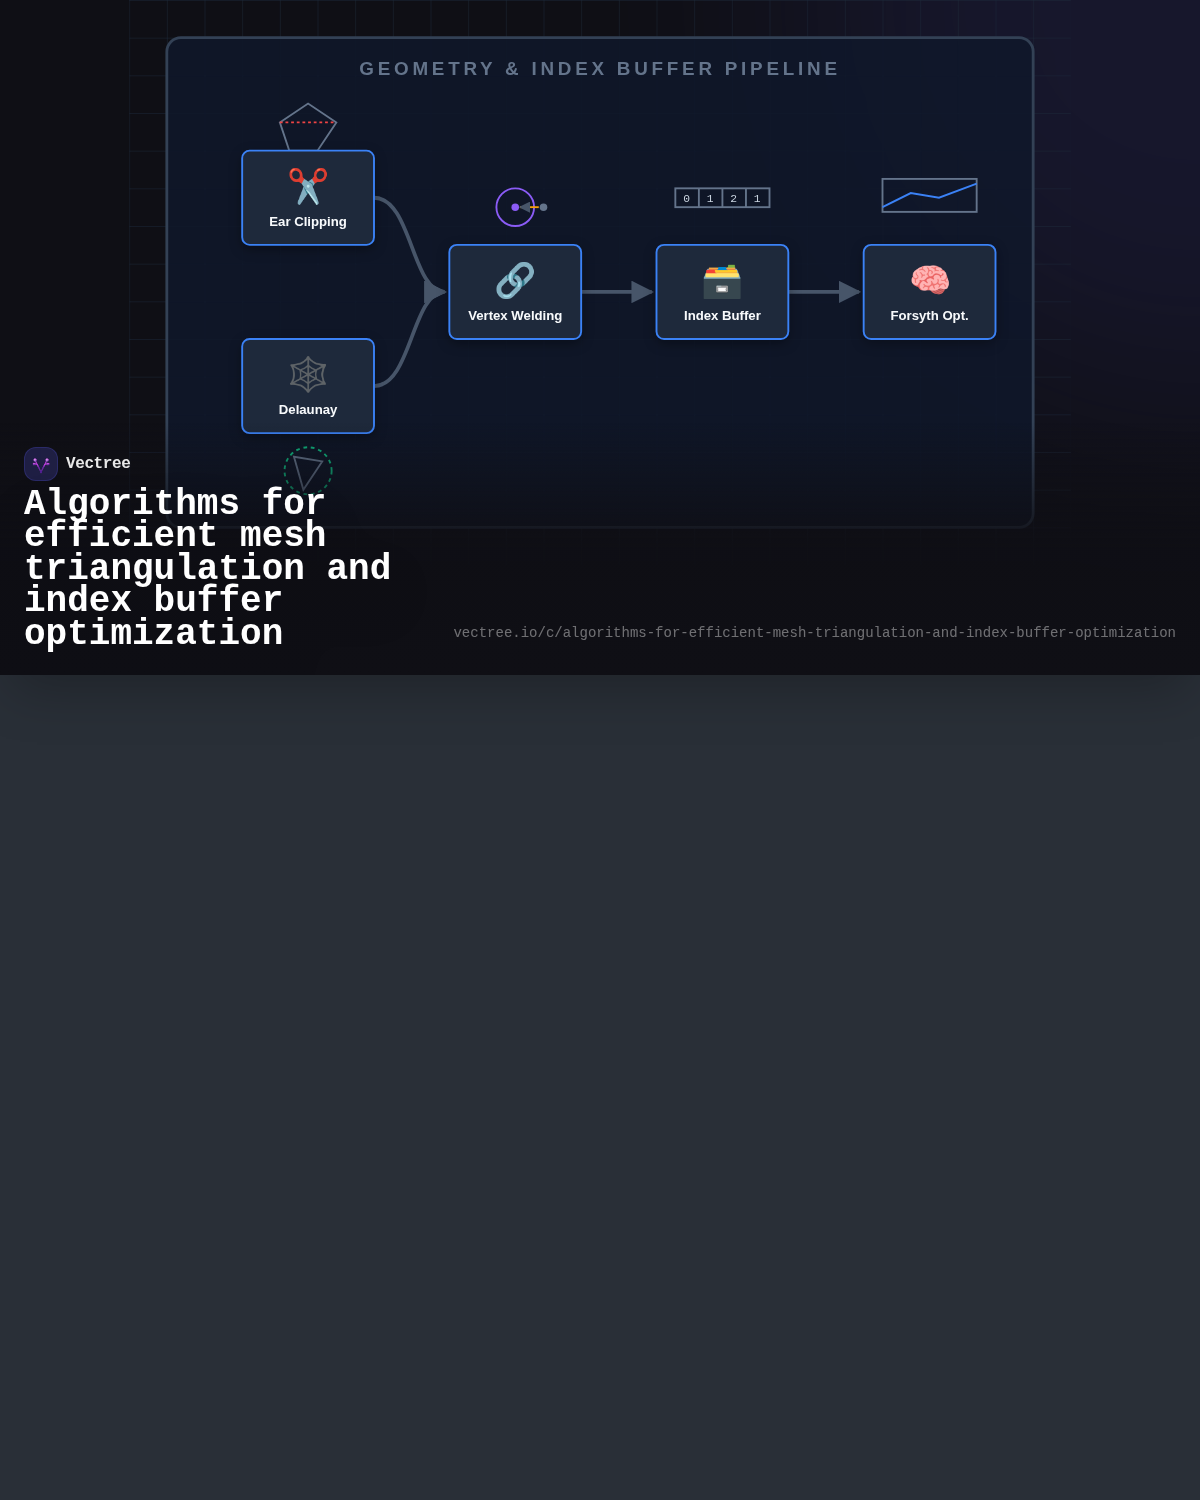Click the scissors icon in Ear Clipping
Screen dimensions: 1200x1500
click(307, 186)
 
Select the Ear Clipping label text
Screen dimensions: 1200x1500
click(307, 222)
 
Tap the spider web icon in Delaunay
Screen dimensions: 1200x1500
click(307, 374)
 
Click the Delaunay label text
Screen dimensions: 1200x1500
click(307, 410)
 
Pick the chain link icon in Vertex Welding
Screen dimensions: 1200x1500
click(515, 280)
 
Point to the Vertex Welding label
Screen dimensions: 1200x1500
click(515, 316)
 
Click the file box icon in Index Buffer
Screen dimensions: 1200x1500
click(722, 281)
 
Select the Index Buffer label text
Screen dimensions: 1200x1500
click(722, 316)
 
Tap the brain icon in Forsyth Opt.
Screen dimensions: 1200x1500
click(929, 280)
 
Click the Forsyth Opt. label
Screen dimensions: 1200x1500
click(929, 316)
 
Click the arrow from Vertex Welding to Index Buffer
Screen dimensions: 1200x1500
click(617, 292)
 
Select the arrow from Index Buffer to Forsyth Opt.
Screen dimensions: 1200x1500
click(825, 292)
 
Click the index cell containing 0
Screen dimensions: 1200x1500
click(687, 198)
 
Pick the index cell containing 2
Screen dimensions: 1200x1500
click(734, 198)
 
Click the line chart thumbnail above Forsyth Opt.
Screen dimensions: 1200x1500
click(929, 195)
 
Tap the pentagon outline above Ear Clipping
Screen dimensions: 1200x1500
click(307, 105)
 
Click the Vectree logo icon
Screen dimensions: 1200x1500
click(41, 464)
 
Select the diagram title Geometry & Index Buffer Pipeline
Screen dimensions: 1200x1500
click(599, 69)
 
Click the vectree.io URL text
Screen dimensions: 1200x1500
click(814, 632)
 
